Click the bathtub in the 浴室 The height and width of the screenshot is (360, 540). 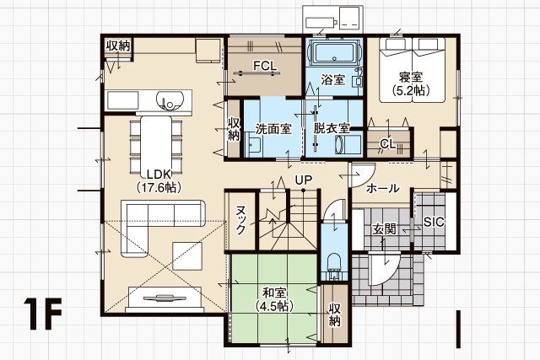[x=334, y=52]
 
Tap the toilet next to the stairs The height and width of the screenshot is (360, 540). [x=334, y=265]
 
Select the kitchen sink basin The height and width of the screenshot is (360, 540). [x=169, y=100]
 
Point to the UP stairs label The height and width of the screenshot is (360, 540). [x=304, y=180]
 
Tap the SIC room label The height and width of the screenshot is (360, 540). [x=434, y=222]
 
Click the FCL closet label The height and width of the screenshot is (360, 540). [x=265, y=66]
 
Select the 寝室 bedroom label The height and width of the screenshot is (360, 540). [x=411, y=77]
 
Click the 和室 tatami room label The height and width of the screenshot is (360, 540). [x=274, y=293]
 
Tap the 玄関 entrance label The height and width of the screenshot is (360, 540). [x=384, y=229]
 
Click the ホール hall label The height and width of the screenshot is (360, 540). [x=382, y=188]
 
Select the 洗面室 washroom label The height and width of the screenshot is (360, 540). [x=273, y=129]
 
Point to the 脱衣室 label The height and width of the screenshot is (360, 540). [x=332, y=128]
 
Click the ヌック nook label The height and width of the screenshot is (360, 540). [x=240, y=220]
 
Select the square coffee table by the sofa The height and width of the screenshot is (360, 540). [x=187, y=255]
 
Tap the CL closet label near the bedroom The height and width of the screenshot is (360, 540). [x=388, y=144]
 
